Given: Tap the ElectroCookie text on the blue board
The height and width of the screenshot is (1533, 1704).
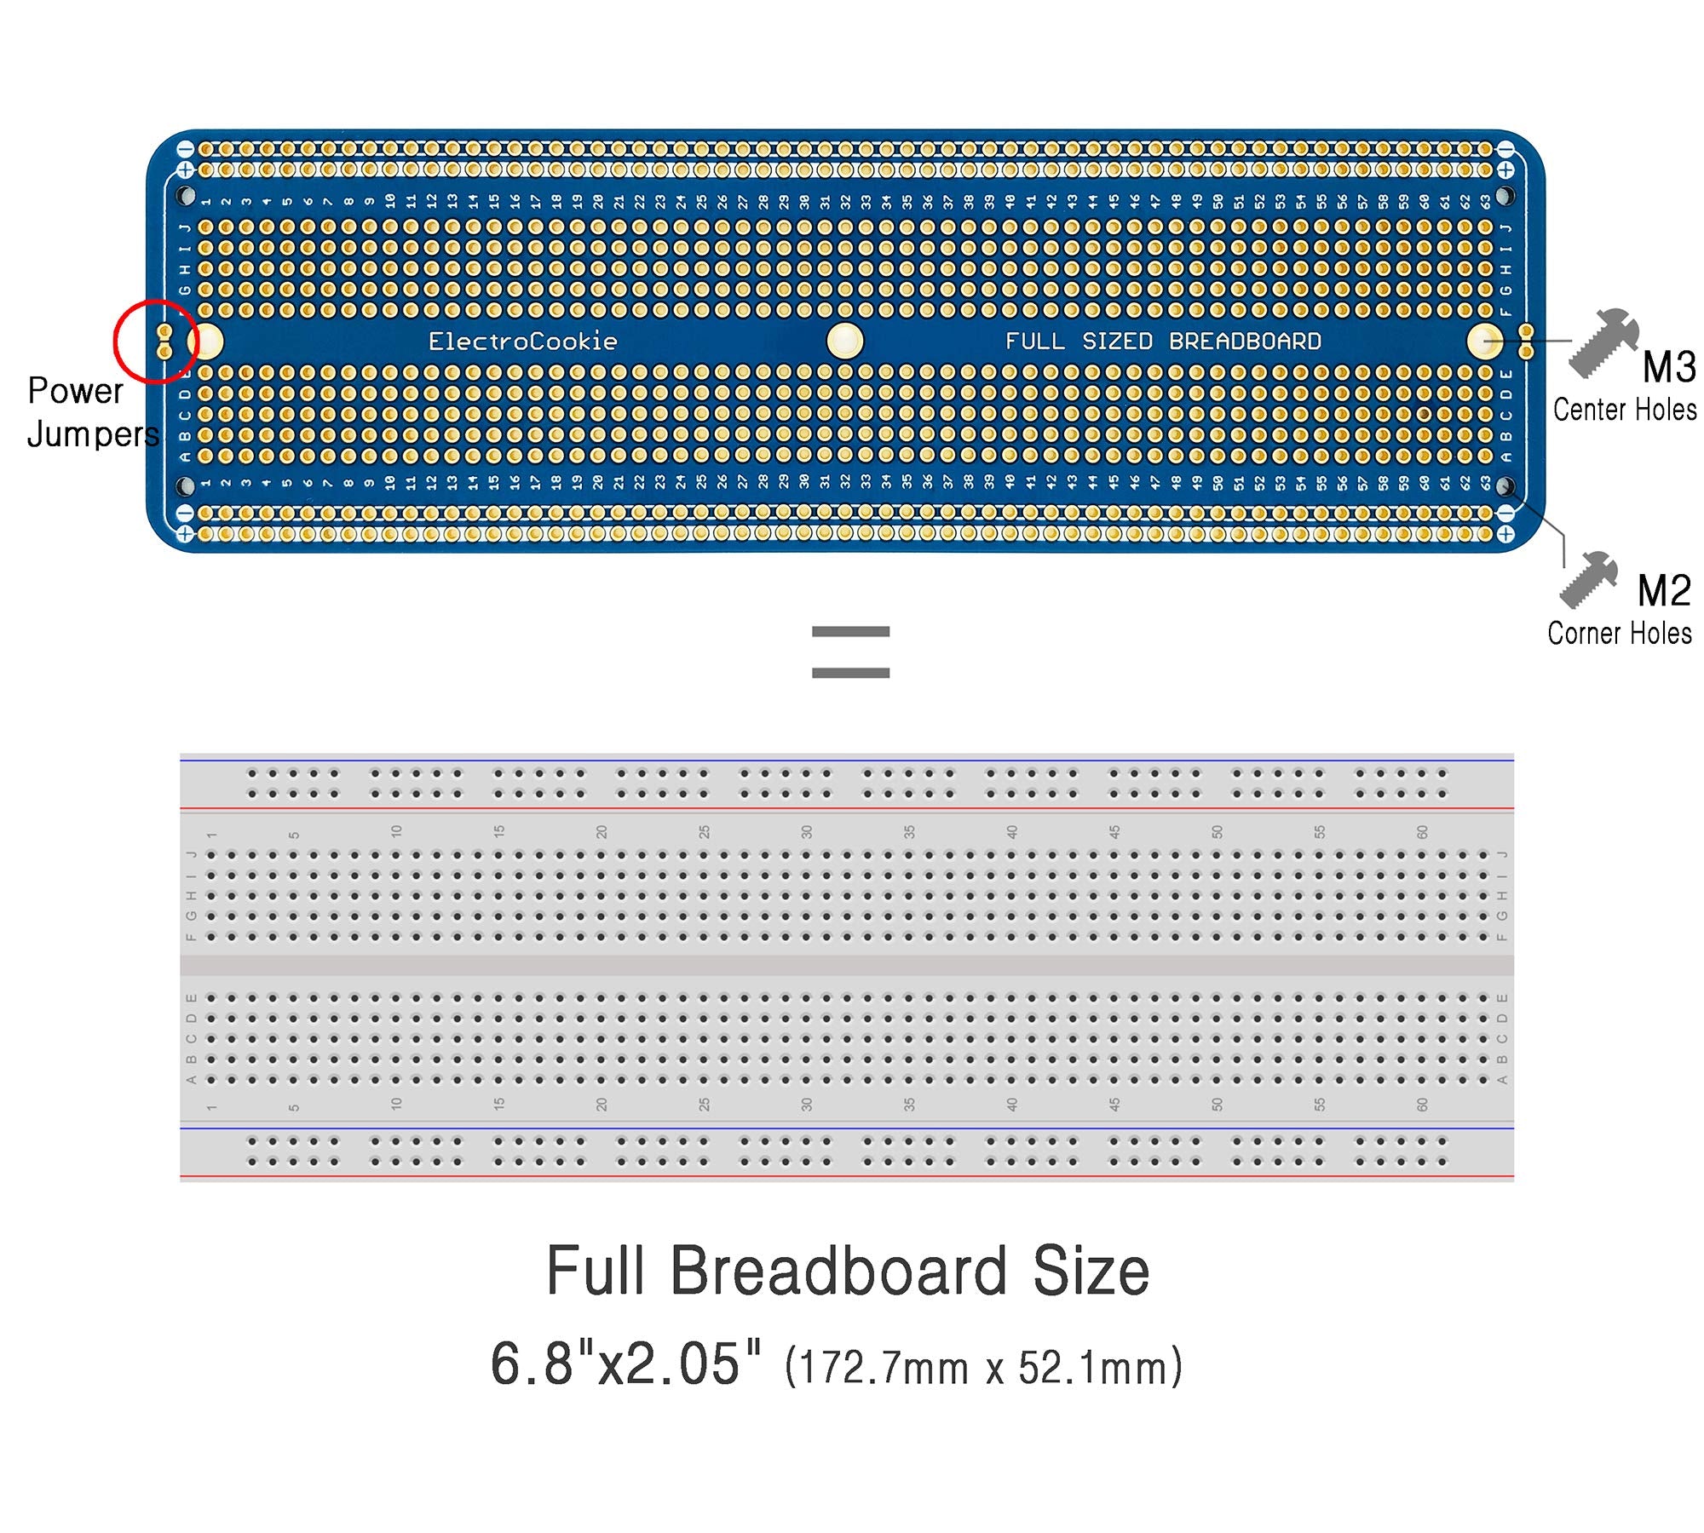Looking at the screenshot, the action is pyautogui.click(x=522, y=342).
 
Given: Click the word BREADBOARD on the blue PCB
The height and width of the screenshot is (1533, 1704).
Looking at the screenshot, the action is pyautogui.click(x=1245, y=342).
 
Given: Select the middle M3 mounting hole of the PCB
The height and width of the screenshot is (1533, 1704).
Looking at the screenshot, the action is pyautogui.click(x=845, y=342).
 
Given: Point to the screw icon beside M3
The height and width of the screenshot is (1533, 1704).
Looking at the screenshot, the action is pyautogui.click(x=1602, y=342).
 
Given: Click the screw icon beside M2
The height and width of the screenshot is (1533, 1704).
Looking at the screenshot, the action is pyautogui.click(x=1588, y=579).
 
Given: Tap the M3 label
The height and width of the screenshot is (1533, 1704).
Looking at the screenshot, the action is pyautogui.click(x=1669, y=368).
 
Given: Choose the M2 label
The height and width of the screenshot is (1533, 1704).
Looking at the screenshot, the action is pyautogui.click(x=1663, y=591).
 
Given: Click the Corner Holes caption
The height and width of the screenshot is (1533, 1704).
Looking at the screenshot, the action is pyautogui.click(x=1620, y=634).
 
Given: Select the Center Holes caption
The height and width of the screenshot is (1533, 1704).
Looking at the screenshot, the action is pyautogui.click(x=1624, y=410).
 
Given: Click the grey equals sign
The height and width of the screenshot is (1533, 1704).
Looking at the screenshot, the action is pyautogui.click(x=850, y=652).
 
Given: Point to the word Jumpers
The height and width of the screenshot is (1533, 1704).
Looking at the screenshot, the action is pyautogui.click(x=93, y=434).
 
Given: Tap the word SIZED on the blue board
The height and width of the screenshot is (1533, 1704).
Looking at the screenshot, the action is pyautogui.click(x=1117, y=342).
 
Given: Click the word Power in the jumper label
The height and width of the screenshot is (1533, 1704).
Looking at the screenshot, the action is pyautogui.click(x=75, y=391).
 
